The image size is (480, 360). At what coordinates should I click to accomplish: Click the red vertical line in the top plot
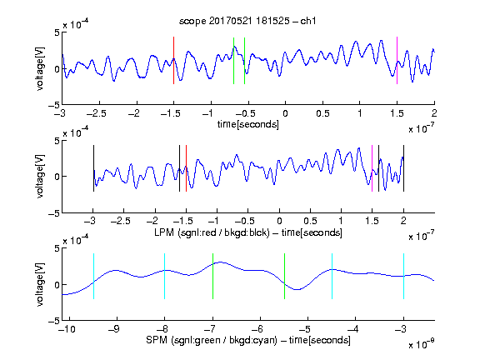173,60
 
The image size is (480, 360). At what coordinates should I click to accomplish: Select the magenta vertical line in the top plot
397,60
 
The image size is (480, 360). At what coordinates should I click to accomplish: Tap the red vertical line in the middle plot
186,168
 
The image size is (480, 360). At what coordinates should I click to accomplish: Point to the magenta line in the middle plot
372,168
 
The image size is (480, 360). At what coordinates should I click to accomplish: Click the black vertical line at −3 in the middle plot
93,168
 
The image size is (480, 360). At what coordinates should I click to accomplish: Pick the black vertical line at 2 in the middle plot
404,168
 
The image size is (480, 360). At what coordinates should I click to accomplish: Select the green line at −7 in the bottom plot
212,276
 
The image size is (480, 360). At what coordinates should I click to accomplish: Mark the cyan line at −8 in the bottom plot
165,276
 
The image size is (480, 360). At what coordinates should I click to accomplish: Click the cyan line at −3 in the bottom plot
404,276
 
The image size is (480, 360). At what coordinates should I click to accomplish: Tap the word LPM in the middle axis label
164,232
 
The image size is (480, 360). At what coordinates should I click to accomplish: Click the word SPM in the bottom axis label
157,340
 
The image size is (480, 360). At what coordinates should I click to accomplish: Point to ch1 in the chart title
308,21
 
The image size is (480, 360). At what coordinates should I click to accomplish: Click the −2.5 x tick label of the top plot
97,113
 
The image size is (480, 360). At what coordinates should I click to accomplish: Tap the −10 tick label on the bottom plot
67,329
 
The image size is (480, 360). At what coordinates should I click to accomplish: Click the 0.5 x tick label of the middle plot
310,221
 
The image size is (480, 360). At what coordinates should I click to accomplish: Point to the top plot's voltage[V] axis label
40,69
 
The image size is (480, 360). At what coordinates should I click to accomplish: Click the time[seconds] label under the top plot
248,124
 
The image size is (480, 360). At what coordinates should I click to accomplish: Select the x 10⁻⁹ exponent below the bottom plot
422,344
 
